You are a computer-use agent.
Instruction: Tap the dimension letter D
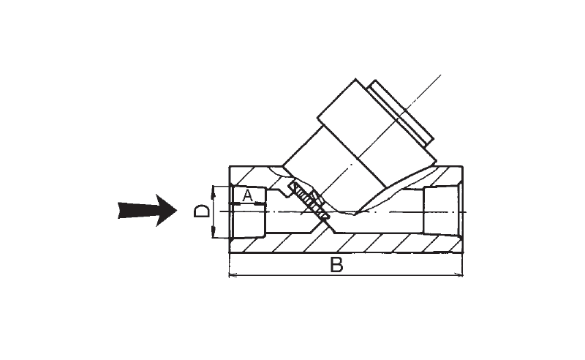click(202, 211)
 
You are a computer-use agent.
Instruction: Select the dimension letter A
click(247, 195)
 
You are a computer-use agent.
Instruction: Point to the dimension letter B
click(336, 265)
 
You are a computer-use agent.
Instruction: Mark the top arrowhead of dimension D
click(212, 190)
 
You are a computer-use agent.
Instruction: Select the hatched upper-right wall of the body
click(439, 176)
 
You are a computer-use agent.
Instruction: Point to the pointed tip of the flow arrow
click(178, 211)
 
